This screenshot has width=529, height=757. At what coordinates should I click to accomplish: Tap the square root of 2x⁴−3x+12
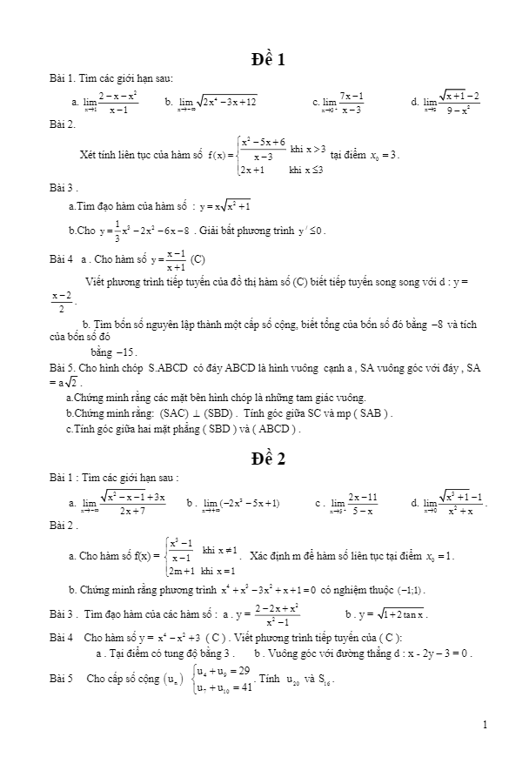click(x=225, y=102)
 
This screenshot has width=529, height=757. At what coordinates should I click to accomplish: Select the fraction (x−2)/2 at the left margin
click(x=60, y=302)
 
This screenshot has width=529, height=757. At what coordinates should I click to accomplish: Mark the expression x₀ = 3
click(x=384, y=155)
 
